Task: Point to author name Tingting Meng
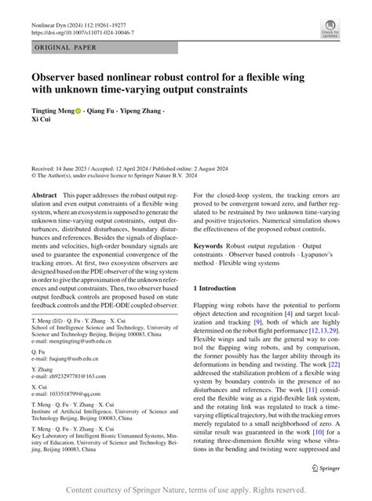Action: pos(52,112)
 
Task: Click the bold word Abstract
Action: pos(43,194)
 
